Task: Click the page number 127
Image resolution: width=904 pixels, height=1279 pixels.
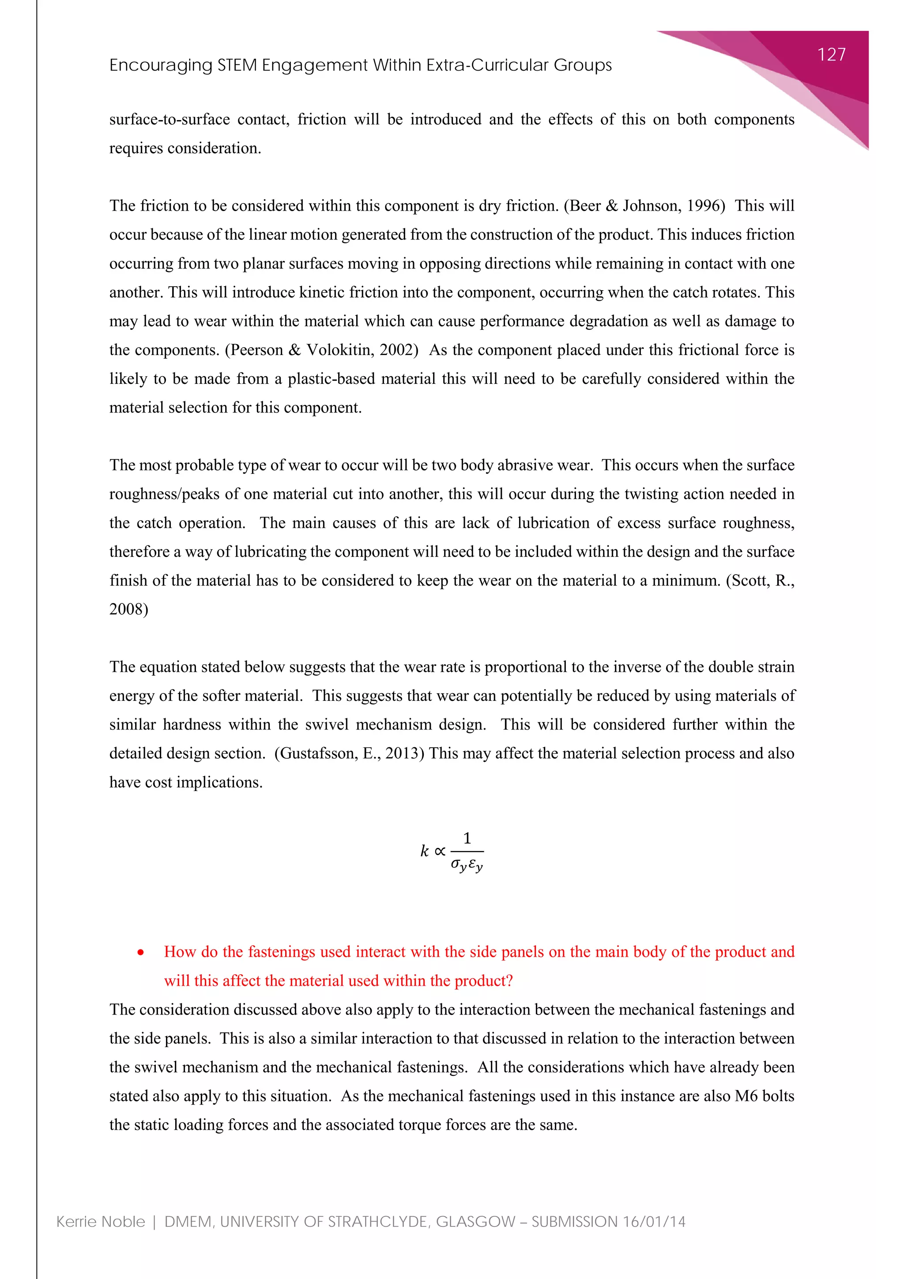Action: pos(831,55)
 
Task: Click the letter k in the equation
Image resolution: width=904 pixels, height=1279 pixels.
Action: pos(425,851)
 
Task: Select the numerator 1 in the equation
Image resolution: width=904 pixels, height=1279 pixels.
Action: pos(467,838)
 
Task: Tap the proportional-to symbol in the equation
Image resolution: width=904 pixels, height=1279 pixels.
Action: pos(440,851)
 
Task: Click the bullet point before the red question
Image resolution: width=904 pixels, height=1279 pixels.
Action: pos(141,953)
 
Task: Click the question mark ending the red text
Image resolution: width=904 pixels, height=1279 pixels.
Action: pos(508,981)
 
